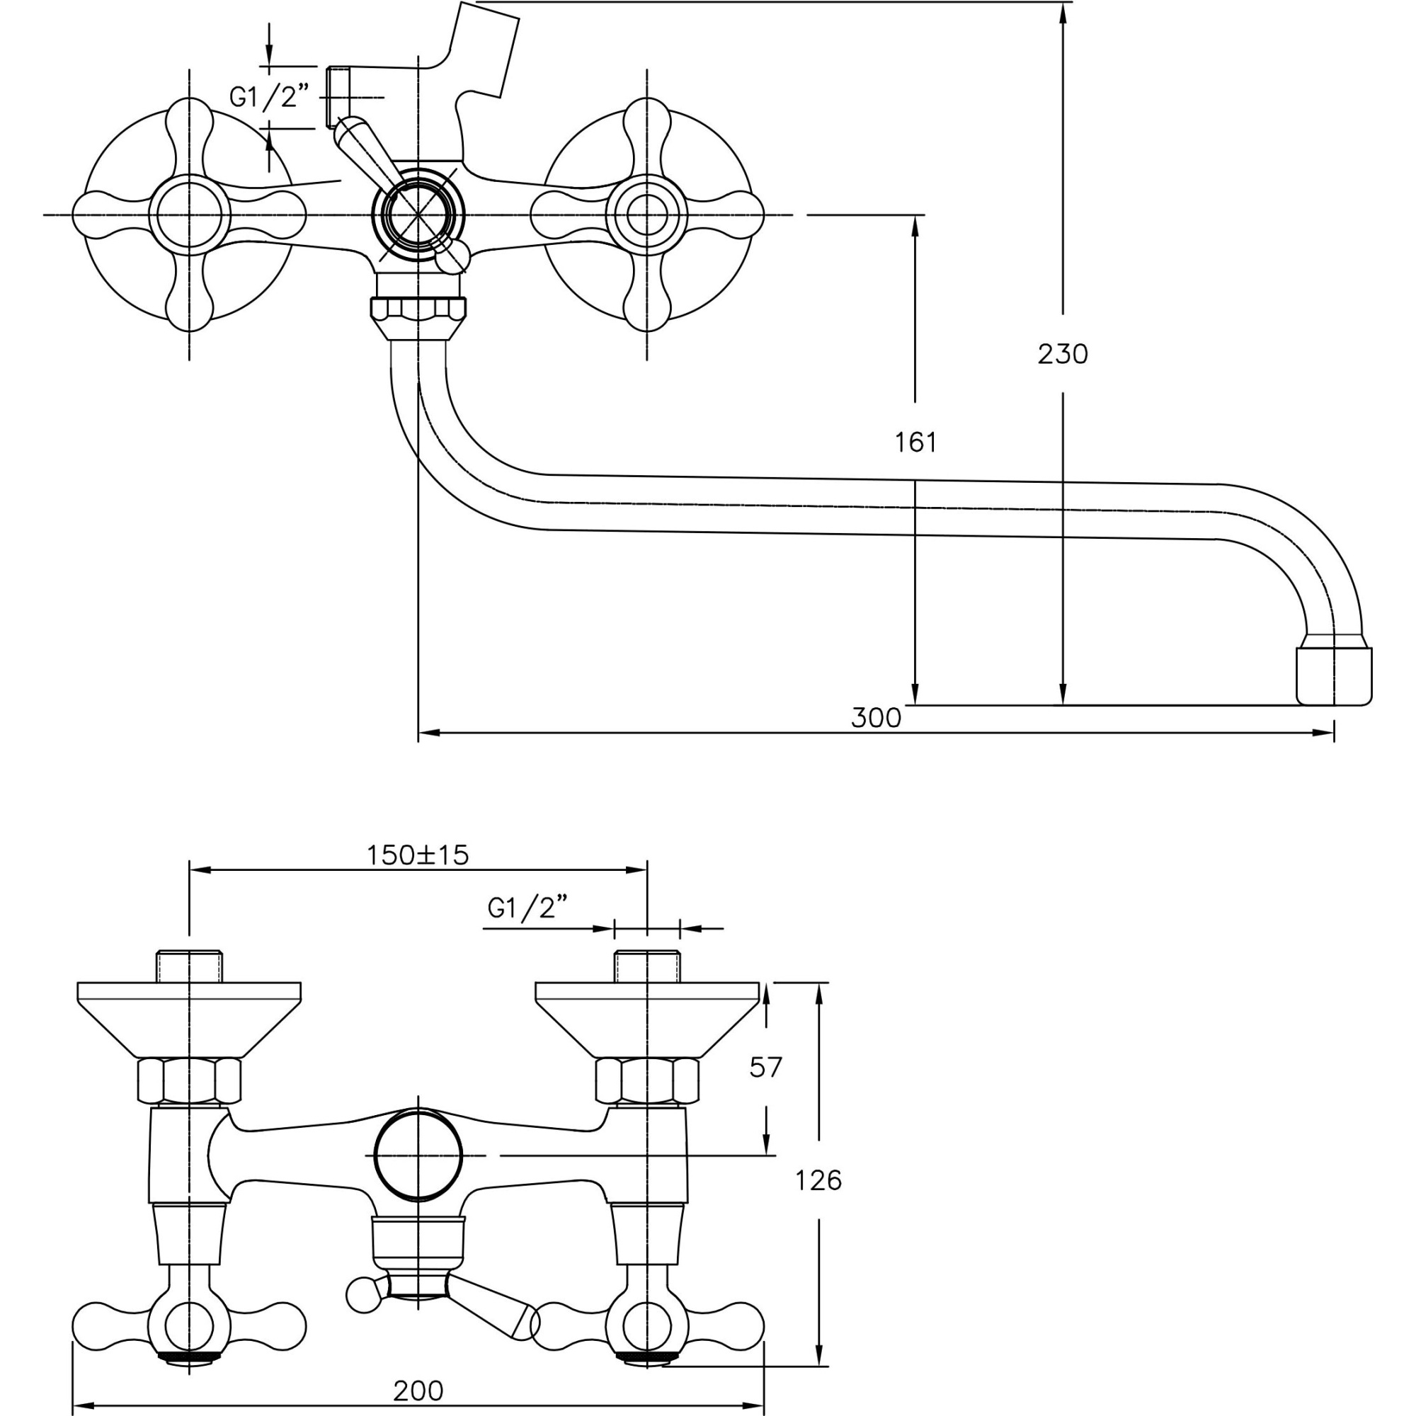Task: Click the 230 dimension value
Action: (1062, 355)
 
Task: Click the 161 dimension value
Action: (915, 442)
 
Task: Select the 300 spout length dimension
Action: (876, 717)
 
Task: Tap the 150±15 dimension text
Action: (417, 855)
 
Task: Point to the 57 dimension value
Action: (766, 1067)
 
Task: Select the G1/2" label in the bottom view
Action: (527, 909)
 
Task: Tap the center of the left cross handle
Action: (190, 215)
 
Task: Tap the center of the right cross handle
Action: (646, 215)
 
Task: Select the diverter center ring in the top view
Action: (418, 215)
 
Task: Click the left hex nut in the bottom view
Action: (189, 1082)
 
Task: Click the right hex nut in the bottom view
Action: (646, 1082)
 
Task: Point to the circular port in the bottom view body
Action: (418, 1157)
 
